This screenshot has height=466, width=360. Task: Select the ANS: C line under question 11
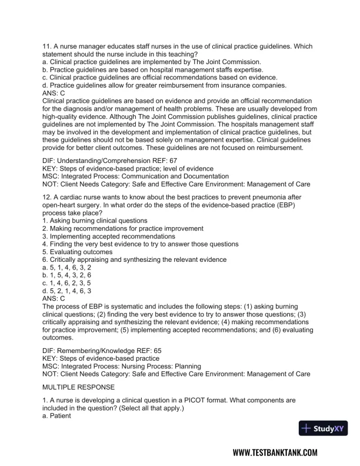point(54,92)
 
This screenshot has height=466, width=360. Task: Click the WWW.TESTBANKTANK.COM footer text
point(275,452)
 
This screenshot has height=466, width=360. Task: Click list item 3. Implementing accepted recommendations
point(101,236)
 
